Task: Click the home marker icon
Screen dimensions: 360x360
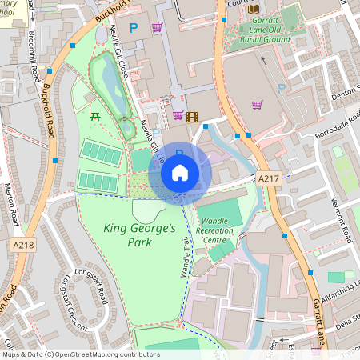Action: click(180, 173)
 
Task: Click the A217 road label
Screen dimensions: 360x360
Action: click(269, 180)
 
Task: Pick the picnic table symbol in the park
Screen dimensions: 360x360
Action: click(95, 117)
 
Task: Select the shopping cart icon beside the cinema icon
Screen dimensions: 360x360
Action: click(178, 116)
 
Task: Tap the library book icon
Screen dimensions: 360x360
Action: click(254, 9)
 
